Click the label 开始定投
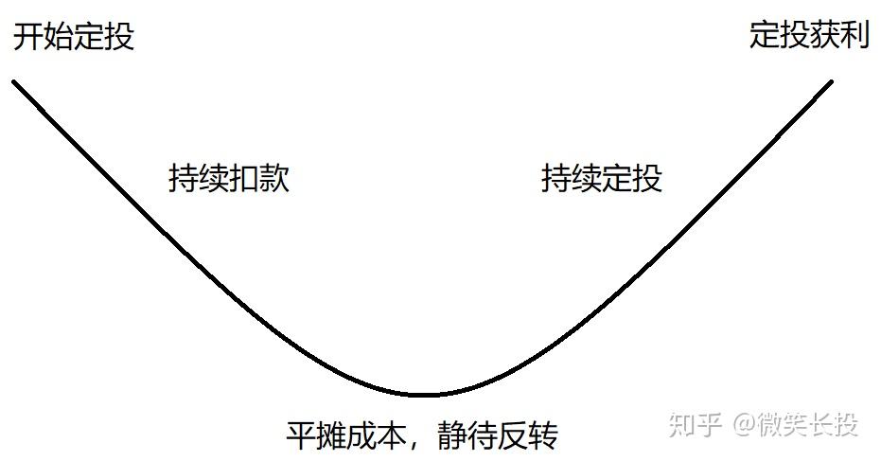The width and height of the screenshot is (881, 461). click(x=73, y=36)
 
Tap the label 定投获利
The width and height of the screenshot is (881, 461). click(x=809, y=36)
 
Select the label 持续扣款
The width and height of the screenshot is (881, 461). click(x=229, y=179)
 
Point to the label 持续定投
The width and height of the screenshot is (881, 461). click(x=602, y=179)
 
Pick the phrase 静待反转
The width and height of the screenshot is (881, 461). click(x=499, y=436)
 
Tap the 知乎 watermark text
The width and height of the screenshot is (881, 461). click(x=696, y=424)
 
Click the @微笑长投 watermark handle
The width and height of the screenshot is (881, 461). click(x=795, y=424)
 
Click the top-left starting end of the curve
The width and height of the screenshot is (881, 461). click(x=14, y=81)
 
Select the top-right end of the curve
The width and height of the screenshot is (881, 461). click(x=831, y=81)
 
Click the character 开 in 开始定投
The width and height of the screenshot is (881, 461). click(x=27, y=36)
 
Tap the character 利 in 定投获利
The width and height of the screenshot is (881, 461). click(x=855, y=36)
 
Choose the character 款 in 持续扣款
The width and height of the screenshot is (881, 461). click(x=274, y=179)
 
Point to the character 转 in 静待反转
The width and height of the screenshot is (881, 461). click(x=544, y=436)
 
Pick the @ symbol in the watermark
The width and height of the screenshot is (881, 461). click(x=744, y=425)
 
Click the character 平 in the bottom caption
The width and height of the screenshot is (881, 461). click(x=300, y=436)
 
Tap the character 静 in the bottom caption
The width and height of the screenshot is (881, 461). click(x=453, y=436)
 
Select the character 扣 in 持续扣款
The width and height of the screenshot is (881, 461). click(x=244, y=179)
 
